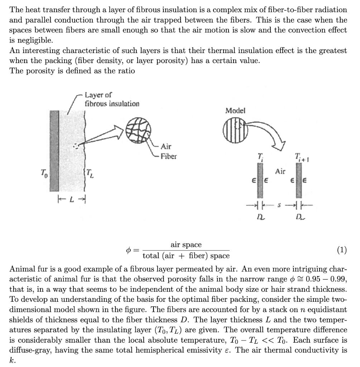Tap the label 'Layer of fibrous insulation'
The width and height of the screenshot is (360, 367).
[x=112, y=99]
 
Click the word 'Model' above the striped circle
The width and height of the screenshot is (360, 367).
[x=235, y=111]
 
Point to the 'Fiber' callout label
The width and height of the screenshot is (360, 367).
[x=168, y=157]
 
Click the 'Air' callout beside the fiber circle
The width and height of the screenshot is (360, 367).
[x=166, y=146]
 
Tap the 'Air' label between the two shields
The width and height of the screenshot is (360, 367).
[x=280, y=171]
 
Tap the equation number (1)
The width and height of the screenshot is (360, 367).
[x=342, y=250]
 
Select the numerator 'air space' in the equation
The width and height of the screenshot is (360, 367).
[x=186, y=245]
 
